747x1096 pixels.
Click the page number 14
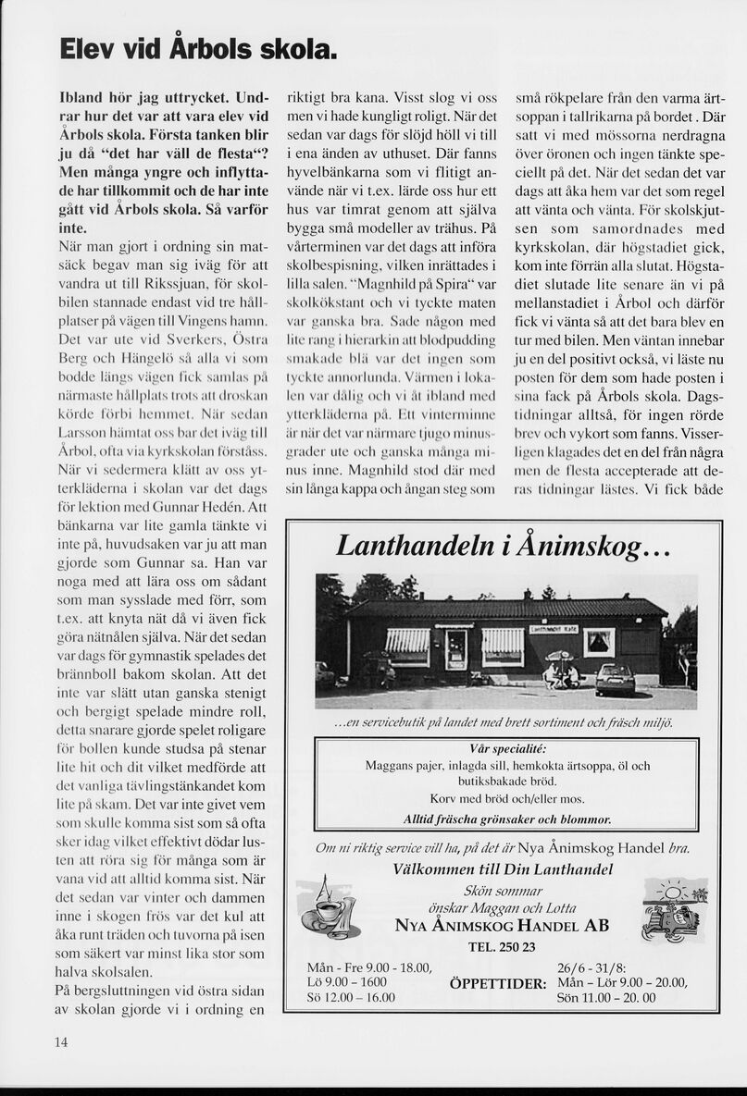click(x=60, y=1042)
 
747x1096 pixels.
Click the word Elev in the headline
click(x=88, y=47)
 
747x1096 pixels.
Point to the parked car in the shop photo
click(x=615, y=680)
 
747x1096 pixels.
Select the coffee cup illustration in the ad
click(x=329, y=908)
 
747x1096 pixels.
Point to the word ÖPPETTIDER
click(x=498, y=983)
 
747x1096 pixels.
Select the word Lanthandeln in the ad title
click(x=412, y=547)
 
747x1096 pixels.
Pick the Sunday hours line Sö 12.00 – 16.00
click(x=351, y=997)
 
